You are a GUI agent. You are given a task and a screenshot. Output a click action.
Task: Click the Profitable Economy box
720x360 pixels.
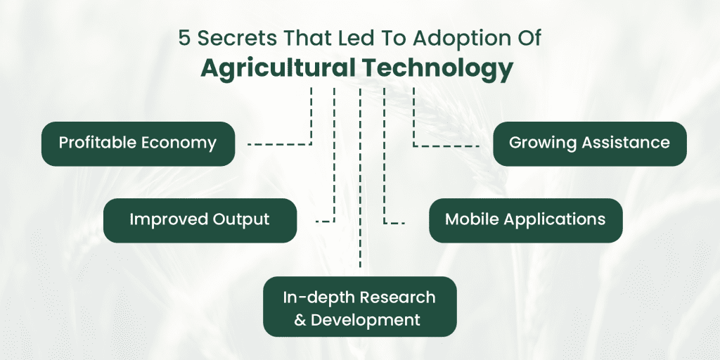pyautogui.click(x=139, y=143)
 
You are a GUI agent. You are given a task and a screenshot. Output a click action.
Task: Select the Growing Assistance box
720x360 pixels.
pyautogui.click(x=590, y=143)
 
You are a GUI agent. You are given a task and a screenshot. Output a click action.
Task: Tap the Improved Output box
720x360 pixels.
pyautogui.click(x=200, y=220)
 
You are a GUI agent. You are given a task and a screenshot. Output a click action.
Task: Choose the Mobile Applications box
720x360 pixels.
pyautogui.click(x=526, y=220)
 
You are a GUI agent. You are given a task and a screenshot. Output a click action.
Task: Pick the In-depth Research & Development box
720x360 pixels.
pyautogui.click(x=360, y=307)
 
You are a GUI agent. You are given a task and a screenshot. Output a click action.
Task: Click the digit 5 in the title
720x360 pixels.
pyautogui.click(x=184, y=39)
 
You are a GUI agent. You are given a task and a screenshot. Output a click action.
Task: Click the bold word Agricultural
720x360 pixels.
pyautogui.click(x=277, y=68)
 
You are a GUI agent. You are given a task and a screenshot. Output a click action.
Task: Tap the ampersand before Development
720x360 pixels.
pyautogui.click(x=300, y=320)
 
